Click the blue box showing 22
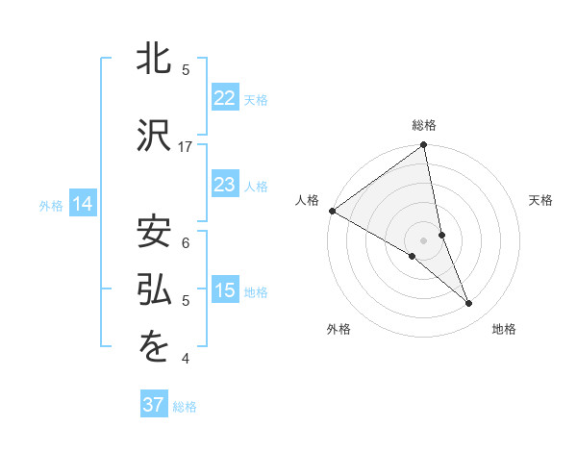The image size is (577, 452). tap(224, 98)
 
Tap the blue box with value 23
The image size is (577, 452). tap(224, 185)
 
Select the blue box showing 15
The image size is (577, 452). tap(224, 290)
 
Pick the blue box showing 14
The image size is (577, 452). tap(83, 204)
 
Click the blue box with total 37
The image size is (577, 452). tap(154, 405)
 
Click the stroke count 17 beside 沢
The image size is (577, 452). tap(186, 146)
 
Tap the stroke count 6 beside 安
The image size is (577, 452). tap(186, 242)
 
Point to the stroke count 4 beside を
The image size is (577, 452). tap(186, 359)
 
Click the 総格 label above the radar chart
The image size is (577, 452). tap(424, 125)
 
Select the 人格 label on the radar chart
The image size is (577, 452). tap(307, 200)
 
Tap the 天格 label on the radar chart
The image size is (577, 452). tap(541, 200)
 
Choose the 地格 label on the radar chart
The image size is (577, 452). tap(504, 329)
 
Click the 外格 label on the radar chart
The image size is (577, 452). tap(339, 329)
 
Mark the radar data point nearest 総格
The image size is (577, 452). tap(424, 146)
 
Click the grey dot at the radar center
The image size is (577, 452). tap(424, 239)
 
